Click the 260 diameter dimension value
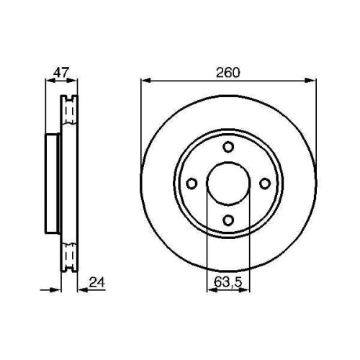point(228,73)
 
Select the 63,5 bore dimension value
point(228,282)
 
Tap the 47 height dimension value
point(61,73)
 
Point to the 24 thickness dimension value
point(97,282)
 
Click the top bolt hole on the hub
point(228,147)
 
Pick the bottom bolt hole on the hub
point(228,220)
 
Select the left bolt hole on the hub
point(192,184)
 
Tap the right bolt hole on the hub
point(265,184)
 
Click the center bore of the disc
point(228,184)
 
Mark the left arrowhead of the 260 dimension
point(145,81)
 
